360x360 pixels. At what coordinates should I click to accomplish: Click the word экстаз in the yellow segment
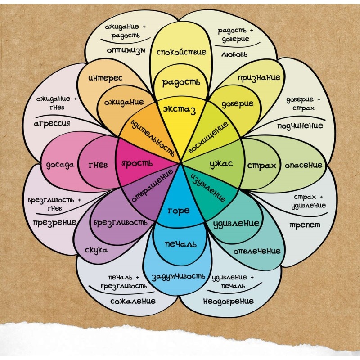[179, 110]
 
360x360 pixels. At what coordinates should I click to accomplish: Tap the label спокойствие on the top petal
[181, 52]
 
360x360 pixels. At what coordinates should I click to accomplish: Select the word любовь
[234, 54]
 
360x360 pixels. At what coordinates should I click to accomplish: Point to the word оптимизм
[126, 50]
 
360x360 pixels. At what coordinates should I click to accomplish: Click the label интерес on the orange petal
[105, 78]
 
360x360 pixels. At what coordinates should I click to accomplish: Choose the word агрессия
[52, 123]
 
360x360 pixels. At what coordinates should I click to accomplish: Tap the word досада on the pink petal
[60, 165]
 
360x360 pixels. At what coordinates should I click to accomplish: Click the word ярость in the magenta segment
[137, 163]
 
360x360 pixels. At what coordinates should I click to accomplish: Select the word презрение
[54, 222]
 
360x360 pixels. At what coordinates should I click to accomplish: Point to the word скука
[96, 250]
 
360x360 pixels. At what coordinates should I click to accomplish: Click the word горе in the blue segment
[179, 211]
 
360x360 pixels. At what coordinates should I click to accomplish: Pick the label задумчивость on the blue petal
[178, 277]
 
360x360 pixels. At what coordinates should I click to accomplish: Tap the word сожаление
[133, 301]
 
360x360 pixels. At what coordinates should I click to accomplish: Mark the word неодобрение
[229, 301]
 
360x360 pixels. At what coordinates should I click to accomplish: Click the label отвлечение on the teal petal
[257, 251]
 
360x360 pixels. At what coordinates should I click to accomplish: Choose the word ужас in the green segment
[221, 164]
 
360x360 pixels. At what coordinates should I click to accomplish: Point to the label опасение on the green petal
[303, 165]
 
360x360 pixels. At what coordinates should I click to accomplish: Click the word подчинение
[300, 126]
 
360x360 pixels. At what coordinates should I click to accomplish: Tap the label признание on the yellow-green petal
[259, 78]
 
